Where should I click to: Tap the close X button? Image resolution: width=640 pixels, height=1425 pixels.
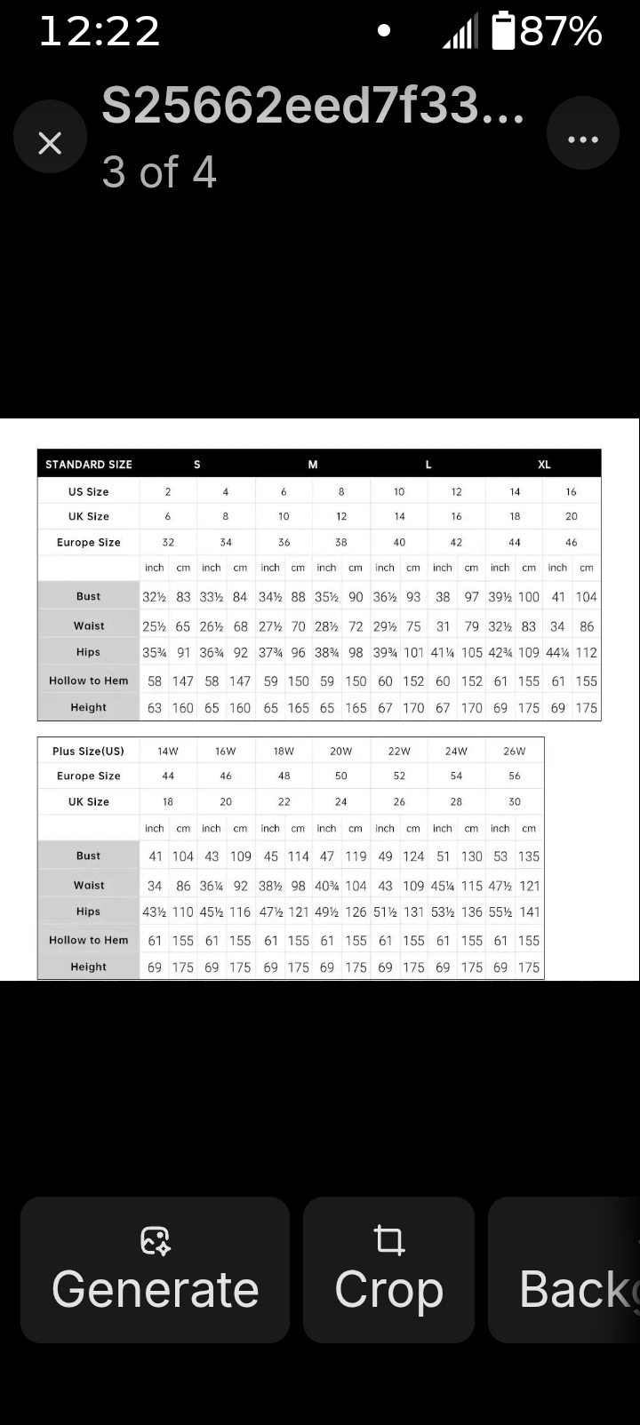coord(50,141)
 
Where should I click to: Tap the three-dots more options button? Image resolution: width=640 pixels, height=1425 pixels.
coord(582,139)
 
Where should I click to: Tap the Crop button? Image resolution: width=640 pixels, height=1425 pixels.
coord(388,1269)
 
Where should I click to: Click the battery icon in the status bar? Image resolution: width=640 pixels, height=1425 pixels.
coord(503,31)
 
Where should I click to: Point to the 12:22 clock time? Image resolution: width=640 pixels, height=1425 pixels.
coord(100,32)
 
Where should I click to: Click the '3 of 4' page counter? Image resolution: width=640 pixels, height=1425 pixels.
coord(159,172)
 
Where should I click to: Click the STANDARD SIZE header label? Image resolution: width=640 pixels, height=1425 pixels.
coord(89,465)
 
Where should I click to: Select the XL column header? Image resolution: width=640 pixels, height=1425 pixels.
coord(544,465)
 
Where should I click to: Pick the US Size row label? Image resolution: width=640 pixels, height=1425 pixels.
coord(89,491)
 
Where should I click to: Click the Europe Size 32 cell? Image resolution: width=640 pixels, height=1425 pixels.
coord(168,542)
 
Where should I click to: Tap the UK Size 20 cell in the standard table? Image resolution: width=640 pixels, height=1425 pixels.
coord(572,516)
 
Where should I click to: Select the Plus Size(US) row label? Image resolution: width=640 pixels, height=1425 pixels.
coord(89,751)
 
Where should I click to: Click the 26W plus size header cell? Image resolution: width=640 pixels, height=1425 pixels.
coord(515,751)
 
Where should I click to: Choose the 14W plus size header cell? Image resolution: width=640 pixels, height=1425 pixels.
coord(168,751)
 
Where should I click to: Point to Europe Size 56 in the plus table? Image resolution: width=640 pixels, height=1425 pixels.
coord(515,776)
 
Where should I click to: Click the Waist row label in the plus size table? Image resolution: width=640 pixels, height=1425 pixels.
coord(89,886)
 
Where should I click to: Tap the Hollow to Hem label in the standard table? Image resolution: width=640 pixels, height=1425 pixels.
coord(89,681)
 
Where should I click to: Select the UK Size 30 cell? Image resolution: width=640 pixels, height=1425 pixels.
coord(515,801)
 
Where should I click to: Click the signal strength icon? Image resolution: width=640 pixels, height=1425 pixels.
coord(460,32)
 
